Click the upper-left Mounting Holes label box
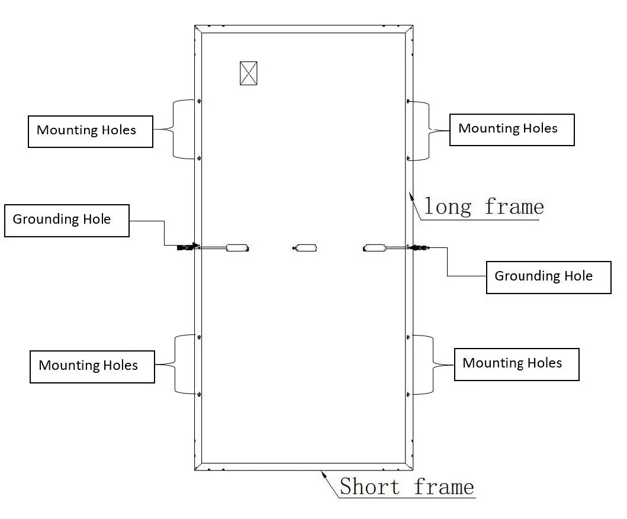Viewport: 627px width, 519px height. tap(91, 131)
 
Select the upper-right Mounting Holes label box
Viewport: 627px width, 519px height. tap(512, 130)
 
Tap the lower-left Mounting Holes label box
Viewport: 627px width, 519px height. tap(92, 366)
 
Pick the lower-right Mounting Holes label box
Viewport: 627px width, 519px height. tap(516, 364)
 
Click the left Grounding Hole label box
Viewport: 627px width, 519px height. tap(67, 220)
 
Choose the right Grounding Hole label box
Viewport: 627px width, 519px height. tap(548, 277)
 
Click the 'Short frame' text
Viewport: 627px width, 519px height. tap(407, 487)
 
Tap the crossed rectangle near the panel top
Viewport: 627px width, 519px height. tap(249, 73)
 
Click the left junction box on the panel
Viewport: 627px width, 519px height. tap(237, 248)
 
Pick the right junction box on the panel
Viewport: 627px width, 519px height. tap(375, 248)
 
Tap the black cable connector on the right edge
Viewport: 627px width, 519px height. tap(422, 248)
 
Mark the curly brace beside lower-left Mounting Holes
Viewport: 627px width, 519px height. tap(175, 364)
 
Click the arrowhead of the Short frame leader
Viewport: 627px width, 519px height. tap(322, 472)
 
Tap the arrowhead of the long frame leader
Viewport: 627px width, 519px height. tap(409, 195)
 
